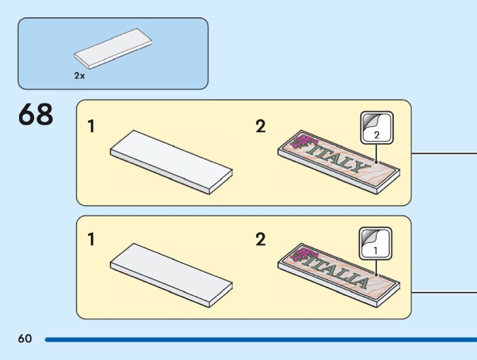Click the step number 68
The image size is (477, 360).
(36, 115)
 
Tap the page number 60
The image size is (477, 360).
(25, 339)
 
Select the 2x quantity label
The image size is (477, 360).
(79, 76)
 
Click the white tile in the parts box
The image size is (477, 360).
(113, 49)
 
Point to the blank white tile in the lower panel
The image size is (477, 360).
(171, 274)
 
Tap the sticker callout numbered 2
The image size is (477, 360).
(377, 128)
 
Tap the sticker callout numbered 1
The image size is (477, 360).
(376, 243)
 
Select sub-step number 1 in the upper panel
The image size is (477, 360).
(91, 127)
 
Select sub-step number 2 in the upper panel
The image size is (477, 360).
(260, 127)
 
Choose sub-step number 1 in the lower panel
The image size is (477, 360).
(91, 239)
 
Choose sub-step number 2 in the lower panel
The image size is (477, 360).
(260, 239)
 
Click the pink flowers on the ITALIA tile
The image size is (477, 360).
(301, 255)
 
